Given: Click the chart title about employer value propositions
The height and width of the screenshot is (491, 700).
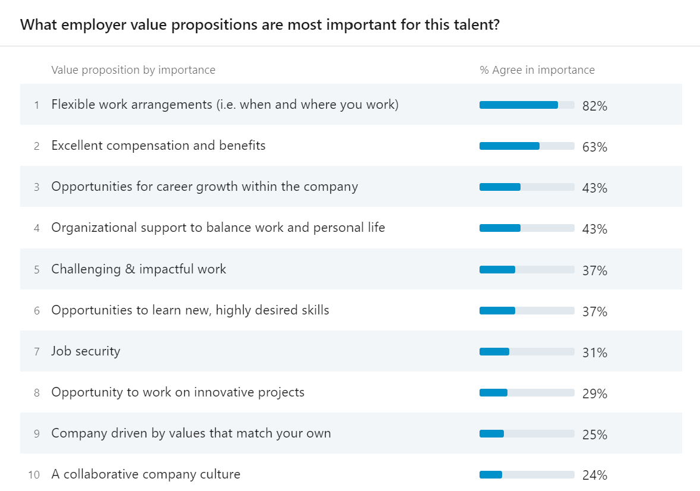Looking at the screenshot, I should pos(260,25).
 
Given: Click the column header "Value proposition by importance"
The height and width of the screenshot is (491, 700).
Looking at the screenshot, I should pos(133,70).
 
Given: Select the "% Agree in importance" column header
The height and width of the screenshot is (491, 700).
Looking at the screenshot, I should pos(537,70).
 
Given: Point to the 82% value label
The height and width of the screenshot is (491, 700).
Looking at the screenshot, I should pos(594,106).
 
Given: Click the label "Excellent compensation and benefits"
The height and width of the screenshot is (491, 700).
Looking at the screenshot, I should pos(158,146).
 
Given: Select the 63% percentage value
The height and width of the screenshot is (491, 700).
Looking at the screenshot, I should pos(594,147).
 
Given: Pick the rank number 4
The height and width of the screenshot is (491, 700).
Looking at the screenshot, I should pos(37,228).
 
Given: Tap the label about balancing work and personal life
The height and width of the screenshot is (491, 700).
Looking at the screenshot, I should pos(218,228).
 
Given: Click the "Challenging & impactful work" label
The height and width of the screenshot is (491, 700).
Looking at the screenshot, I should pos(138,269).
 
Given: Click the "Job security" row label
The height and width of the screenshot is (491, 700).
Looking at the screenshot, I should pos(86,351).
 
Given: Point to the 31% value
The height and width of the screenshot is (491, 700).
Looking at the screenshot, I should pos(594,353).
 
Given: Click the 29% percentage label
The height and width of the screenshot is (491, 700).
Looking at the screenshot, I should pos(594,394).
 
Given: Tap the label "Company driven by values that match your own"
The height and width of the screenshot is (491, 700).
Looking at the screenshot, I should pos(191,433).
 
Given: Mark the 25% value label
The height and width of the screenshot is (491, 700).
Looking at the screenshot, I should pos(594,435).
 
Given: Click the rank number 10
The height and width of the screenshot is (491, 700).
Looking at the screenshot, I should pos(34,475).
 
